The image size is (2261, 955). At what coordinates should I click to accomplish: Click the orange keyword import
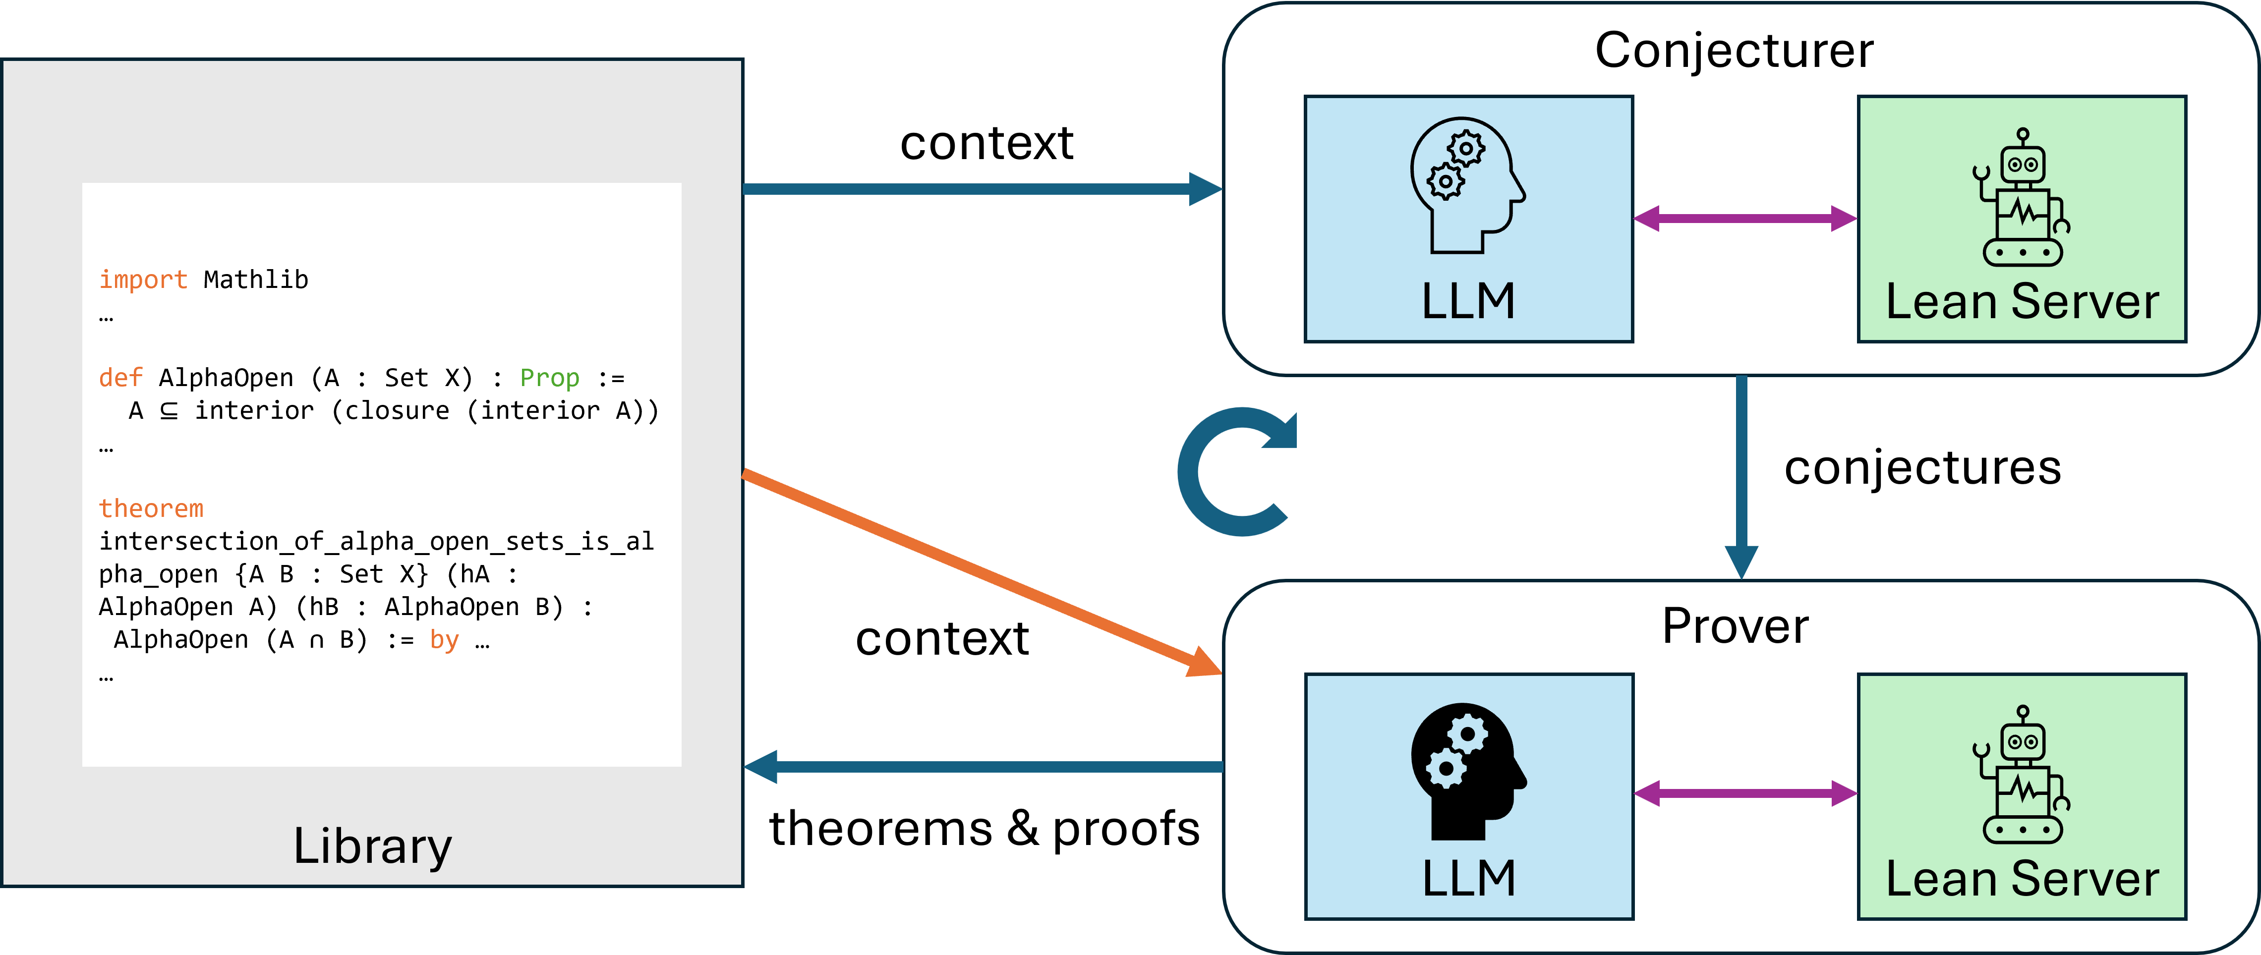point(142,280)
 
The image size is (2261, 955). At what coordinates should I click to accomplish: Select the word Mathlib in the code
point(255,280)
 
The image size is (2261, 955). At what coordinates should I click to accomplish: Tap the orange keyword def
point(120,378)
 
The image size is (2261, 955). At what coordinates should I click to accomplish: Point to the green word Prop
point(549,378)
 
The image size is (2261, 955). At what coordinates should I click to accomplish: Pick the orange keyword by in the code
point(444,640)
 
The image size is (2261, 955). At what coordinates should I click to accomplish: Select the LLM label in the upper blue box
point(1468,302)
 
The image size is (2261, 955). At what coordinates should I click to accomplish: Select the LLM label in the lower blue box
point(1468,879)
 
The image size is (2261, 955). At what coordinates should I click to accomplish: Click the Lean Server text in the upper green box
point(2022,302)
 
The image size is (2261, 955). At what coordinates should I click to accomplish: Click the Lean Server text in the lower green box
point(2022,879)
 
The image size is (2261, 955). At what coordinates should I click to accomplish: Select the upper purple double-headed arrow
point(1745,219)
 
